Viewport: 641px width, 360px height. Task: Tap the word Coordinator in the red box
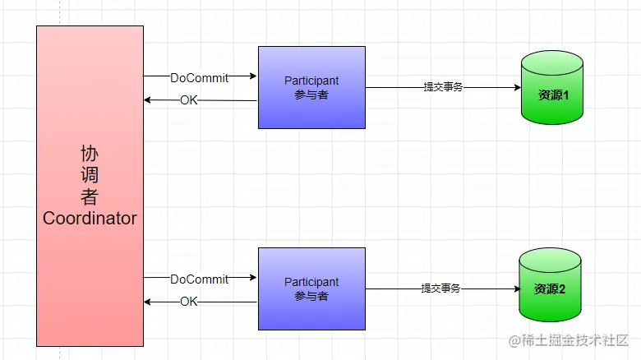point(90,219)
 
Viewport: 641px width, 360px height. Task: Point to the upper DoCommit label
point(199,77)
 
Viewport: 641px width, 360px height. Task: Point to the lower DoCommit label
point(199,279)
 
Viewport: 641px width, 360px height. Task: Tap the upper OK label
point(189,100)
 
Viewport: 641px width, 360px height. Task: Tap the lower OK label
point(189,302)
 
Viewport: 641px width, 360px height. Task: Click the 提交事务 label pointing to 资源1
point(443,86)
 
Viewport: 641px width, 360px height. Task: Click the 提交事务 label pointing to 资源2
point(440,288)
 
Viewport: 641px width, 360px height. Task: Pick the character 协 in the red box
point(90,154)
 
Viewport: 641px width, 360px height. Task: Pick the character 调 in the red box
point(90,175)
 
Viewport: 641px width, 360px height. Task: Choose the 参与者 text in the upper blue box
point(311,95)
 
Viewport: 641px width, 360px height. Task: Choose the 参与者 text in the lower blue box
point(311,296)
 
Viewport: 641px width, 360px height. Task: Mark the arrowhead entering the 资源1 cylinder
point(515,87)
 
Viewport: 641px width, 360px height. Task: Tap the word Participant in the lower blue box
point(311,282)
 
